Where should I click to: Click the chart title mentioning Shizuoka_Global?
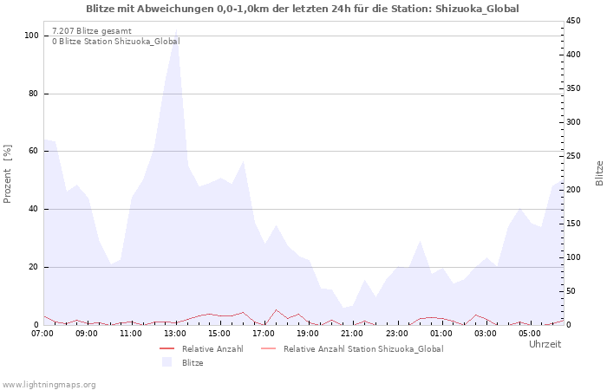(303, 9)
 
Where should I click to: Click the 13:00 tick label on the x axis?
(175, 334)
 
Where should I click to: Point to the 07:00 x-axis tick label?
(42, 334)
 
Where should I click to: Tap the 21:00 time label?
(352, 334)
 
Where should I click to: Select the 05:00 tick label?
(529, 334)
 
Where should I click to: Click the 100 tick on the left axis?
(31, 36)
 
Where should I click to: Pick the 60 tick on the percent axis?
(33, 151)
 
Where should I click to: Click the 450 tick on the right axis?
(573, 21)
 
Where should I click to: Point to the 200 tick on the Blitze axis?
(573, 190)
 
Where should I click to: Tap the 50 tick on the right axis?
(571, 291)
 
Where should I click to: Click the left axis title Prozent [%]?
(7, 173)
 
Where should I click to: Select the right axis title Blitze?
(599, 173)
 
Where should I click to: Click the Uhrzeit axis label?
(545, 344)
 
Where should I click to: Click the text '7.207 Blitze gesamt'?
(92, 31)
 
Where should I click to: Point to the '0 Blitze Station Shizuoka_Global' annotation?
(116, 41)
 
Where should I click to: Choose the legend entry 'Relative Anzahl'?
(212, 349)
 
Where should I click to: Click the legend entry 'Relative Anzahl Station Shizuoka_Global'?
(363, 349)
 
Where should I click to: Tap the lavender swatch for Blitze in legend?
(166, 362)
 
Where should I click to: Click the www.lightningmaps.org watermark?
(49, 385)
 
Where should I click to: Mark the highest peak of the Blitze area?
(177, 29)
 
